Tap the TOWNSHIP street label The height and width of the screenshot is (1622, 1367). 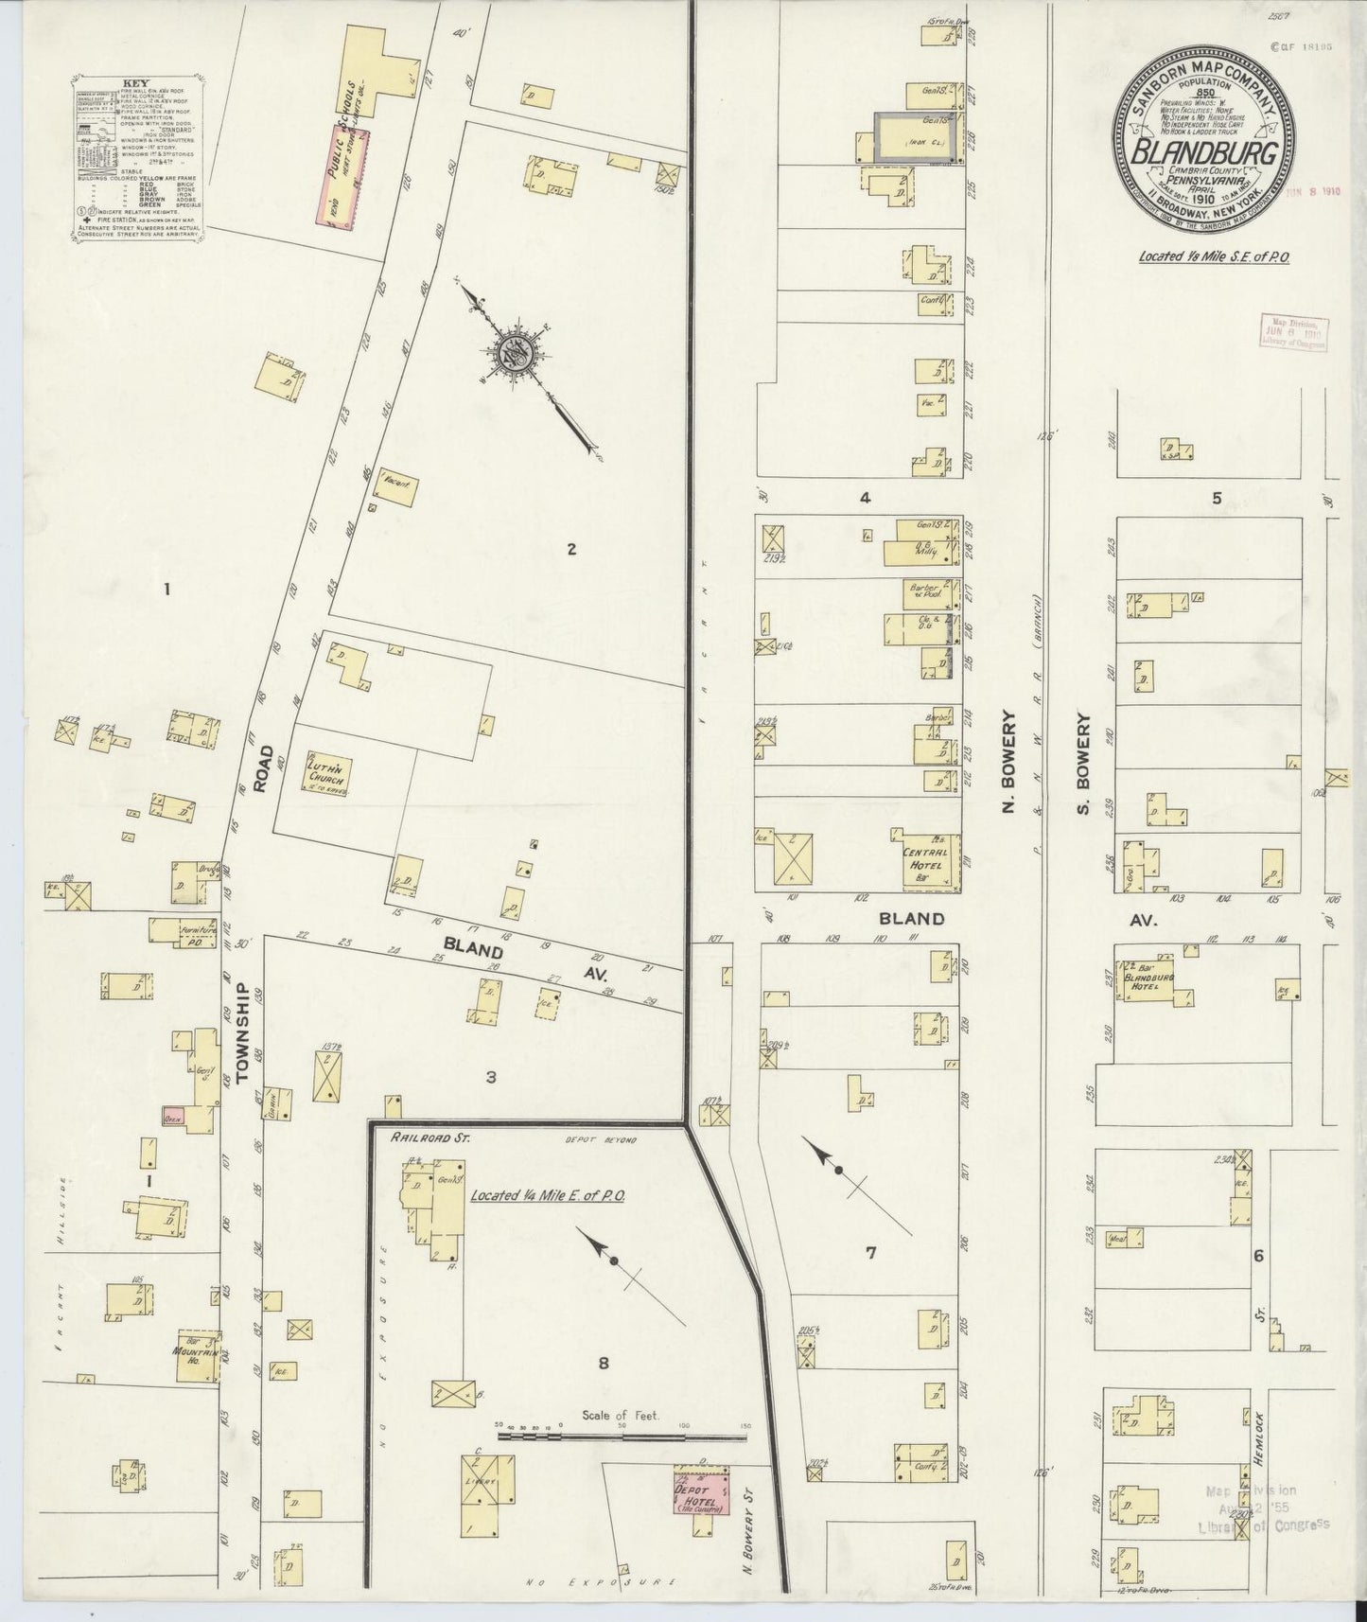click(242, 1032)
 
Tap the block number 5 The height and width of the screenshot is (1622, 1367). click(1218, 498)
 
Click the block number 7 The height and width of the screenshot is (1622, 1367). click(870, 1253)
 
